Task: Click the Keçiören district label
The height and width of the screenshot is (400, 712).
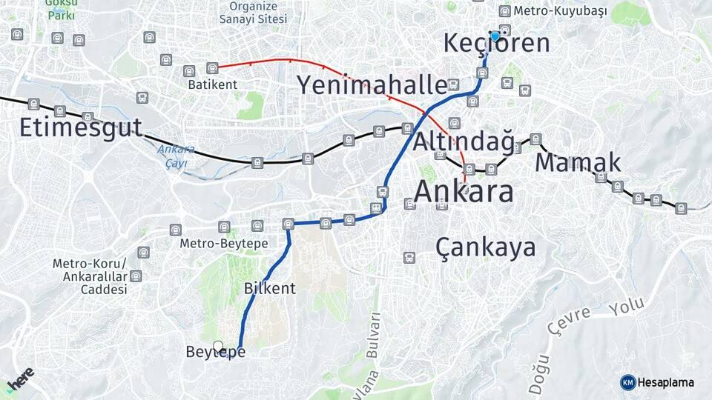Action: click(x=496, y=43)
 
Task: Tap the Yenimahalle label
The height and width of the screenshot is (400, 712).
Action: click(x=372, y=85)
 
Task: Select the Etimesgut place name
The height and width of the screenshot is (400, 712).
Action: click(x=80, y=127)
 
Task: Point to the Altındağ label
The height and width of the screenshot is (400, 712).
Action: click(x=463, y=141)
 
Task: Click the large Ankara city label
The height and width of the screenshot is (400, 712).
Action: click(x=463, y=191)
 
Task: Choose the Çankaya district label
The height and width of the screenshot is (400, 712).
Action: click(x=486, y=247)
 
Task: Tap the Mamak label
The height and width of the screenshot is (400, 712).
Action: click(x=578, y=161)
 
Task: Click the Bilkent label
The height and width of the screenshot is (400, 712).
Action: click(x=270, y=288)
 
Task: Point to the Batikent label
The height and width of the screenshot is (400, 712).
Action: click(x=212, y=84)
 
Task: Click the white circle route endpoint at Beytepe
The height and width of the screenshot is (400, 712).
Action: click(x=218, y=346)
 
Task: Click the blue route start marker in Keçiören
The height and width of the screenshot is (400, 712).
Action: click(x=495, y=36)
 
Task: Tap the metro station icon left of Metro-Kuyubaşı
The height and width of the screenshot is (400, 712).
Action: click(x=504, y=10)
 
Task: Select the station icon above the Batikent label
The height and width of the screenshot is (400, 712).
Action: click(x=212, y=68)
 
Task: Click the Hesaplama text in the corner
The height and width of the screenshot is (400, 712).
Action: click(x=665, y=382)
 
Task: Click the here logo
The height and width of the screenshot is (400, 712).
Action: click(x=20, y=379)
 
